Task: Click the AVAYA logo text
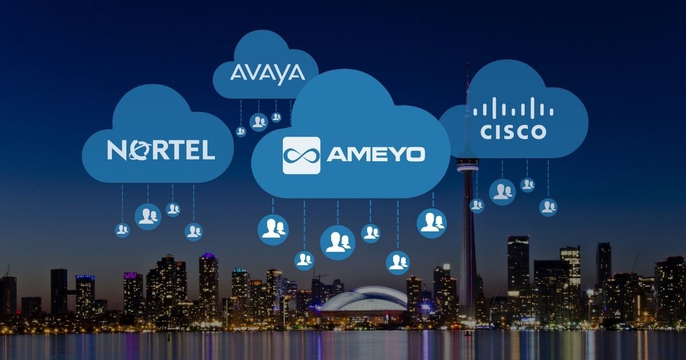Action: (x=268, y=74)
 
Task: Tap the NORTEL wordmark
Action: (x=161, y=150)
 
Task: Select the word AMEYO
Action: (x=376, y=155)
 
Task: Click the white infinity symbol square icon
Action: (x=301, y=155)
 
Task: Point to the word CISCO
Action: (x=513, y=132)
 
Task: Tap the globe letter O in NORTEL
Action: (x=135, y=150)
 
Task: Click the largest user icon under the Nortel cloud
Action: (x=148, y=217)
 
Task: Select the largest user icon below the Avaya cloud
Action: (x=258, y=122)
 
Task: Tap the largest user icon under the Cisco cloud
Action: (x=502, y=192)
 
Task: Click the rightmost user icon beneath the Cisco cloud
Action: (x=548, y=207)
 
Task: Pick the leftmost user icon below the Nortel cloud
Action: (x=122, y=230)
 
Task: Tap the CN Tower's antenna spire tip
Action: (x=468, y=63)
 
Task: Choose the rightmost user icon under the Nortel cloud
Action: (x=194, y=232)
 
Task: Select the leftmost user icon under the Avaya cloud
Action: (x=241, y=131)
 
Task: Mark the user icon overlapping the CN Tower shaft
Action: (x=477, y=206)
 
